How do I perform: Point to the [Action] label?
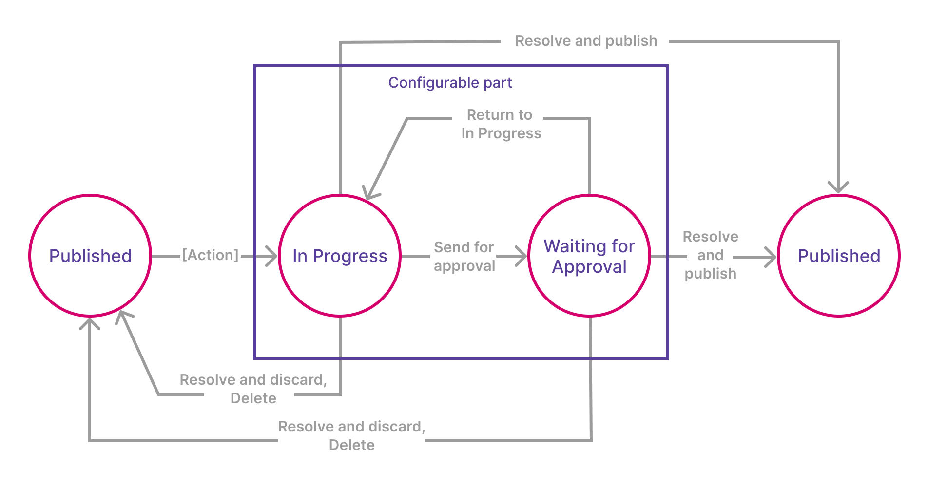tap(210, 255)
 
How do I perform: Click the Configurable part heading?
tap(450, 83)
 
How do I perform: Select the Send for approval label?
tap(464, 256)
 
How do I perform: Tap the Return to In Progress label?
tap(501, 124)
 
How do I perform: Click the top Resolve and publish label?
tap(586, 41)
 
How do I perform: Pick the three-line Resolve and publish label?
tap(710, 255)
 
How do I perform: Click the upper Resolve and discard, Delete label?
tap(253, 389)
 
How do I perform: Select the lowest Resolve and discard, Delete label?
tap(351, 435)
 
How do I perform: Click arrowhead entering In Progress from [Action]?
tap(273, 256)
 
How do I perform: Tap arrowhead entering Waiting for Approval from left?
tap(522, 256)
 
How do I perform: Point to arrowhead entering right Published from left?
tap(772, 257)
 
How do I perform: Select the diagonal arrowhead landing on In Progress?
tap(370, 193)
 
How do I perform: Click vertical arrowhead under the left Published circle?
tap(90, 323)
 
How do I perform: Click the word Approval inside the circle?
tap(589, 267)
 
